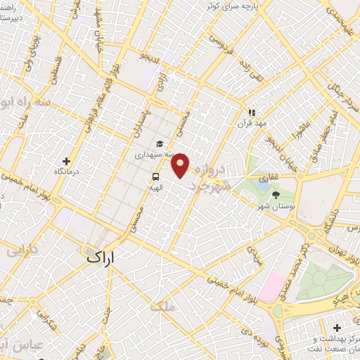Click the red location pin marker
(181, 166)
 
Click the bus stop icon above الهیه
(155, 177)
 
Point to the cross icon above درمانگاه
(67, 160)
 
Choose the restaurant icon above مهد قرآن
(252, 112)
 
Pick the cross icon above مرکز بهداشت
(338, 328)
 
